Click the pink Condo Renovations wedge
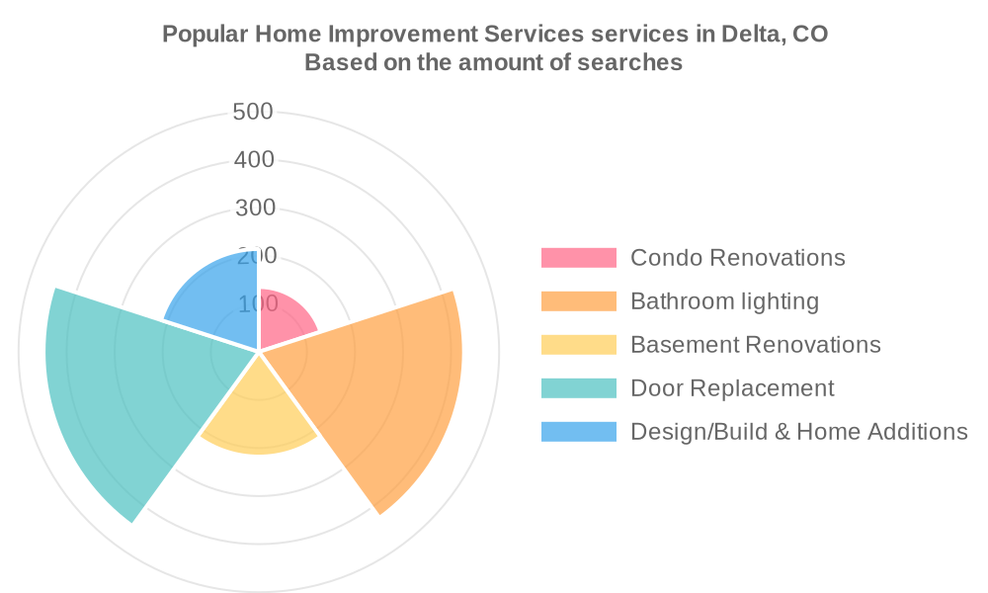[284, 319]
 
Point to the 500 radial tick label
[253, 112]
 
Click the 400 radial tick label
[254, 159]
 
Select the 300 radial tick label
[255, 208]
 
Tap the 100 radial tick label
[258, 303]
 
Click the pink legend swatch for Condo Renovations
[578, 258]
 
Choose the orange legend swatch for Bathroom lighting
[578, 301]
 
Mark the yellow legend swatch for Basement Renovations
[578, 345]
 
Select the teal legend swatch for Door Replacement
[578, 388]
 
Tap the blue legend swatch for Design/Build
[578, 432]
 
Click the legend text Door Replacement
[732, 388]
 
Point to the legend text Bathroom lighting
[724, 301]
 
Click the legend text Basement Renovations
[756, 345]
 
